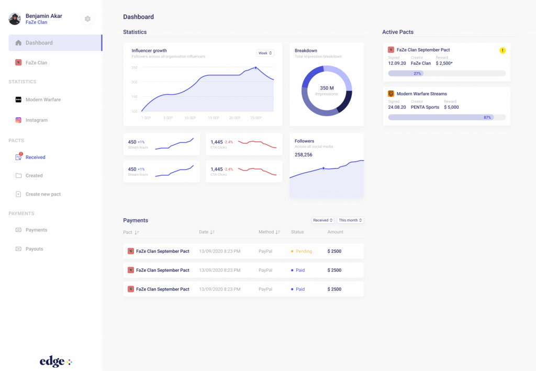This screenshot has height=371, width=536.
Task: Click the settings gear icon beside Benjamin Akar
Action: (x=87, y=19)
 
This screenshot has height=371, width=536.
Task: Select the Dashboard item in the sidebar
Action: (x=39, y=43)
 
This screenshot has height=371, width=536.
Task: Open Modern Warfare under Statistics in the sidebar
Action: (x=43, y=99)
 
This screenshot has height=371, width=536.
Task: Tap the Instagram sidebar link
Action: (x=37, y=120)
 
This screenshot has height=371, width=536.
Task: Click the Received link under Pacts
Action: (x=35, y=157)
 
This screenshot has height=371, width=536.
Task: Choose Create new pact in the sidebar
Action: (x=43, y=194)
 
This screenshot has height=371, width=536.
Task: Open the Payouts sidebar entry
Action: (x=34, y=249)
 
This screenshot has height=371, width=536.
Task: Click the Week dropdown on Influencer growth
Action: (x=265, y=53)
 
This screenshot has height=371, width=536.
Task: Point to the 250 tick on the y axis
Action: (x=134, y=68)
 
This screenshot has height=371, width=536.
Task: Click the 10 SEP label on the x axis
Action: (x=190, y=118)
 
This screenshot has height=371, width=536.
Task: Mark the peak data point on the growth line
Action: (x=255, y=68)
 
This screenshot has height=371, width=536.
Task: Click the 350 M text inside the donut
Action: (x=327, y=88)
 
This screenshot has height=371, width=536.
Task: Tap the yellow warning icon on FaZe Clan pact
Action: (x=502, y=50)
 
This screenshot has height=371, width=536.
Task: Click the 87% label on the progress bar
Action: (x=487, y=117)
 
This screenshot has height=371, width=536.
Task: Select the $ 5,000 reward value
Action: (x=451, y=107)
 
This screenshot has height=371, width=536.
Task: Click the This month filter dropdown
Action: (x=350, y=220)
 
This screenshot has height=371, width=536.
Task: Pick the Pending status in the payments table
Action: (x=304, y=251)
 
